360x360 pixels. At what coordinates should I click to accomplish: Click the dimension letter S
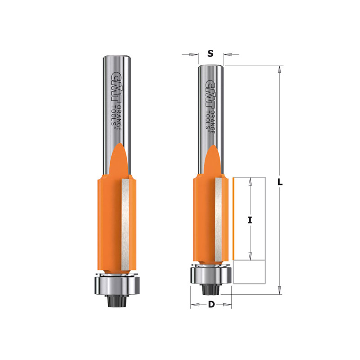point(210,54)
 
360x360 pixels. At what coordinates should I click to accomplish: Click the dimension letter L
point(280,182)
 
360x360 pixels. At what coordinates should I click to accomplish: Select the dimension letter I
point(250,220)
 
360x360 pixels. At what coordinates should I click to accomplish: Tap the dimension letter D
point(211,305)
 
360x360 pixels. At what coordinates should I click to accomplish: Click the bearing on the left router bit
point(117,285)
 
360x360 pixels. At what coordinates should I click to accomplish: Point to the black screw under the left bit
point(117,301)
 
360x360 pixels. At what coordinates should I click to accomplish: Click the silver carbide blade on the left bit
point(125,224)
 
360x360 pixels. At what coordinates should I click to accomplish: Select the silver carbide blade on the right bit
point(219,219)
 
